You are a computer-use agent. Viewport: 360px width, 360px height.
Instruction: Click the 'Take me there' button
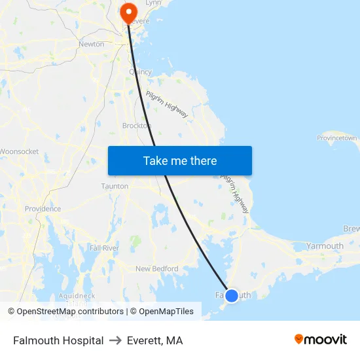180,161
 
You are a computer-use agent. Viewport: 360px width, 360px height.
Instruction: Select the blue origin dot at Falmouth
231,295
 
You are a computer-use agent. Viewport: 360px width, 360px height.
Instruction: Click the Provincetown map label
337,138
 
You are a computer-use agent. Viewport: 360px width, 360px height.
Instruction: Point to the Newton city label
91,44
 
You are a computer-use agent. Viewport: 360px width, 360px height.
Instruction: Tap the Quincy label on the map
141,72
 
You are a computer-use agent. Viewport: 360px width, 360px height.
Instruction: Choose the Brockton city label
136,126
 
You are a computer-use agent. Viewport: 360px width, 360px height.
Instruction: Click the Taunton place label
115,186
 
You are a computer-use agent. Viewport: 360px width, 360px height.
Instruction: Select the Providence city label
43,209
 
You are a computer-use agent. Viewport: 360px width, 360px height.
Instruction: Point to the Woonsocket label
19,151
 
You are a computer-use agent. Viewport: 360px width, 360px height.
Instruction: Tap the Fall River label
103,248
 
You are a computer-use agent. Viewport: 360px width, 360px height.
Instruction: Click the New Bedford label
156,268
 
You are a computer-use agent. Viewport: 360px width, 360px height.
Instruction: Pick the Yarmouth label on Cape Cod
325,246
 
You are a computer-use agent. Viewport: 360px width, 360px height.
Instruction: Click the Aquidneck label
77,296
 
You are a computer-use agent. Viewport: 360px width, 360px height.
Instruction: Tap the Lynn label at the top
153,3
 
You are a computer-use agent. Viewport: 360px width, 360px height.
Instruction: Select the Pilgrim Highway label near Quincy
167,104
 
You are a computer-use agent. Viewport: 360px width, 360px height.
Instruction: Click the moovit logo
321,339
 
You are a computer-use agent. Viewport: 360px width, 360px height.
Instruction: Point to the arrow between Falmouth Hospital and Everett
115,340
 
